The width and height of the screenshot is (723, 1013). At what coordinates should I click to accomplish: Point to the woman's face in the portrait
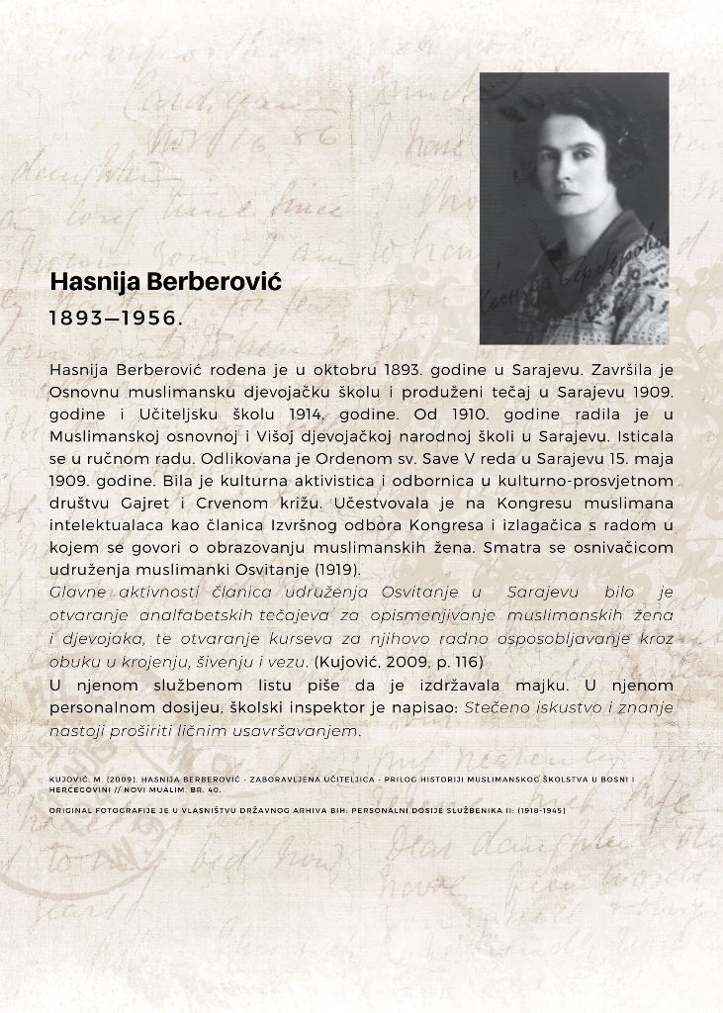click(572, 169)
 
